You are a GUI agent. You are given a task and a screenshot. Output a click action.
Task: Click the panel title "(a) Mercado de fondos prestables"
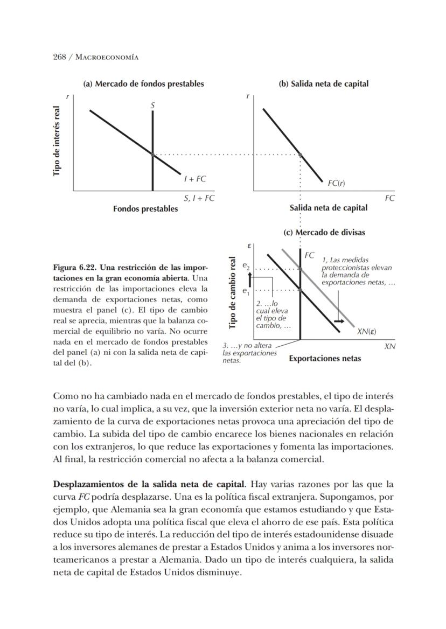pos(143,83)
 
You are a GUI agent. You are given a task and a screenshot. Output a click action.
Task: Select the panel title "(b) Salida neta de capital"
pos(323,83)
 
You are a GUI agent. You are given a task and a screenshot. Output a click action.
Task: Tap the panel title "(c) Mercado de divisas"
pos(324,232)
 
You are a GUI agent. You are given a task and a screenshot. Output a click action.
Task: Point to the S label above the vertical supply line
pos(152,106)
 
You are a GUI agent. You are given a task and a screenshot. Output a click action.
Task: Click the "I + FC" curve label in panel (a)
pos(194,178)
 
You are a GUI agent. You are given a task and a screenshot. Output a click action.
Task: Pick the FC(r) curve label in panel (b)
pos(336,183)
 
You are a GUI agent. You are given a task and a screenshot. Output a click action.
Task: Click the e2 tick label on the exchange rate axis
pos(246,266)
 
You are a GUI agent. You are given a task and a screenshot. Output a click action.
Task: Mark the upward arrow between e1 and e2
pos(250,278)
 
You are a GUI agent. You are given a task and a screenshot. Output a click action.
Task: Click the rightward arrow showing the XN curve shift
pos(339,321)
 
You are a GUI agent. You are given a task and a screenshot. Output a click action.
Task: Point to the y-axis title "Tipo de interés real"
pos(57,141)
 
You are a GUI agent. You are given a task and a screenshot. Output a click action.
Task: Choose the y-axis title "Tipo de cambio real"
pos(233,292)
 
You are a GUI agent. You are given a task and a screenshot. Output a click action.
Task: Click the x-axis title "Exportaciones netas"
pos(325,358)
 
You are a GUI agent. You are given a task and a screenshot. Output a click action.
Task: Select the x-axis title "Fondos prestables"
pos(145,208)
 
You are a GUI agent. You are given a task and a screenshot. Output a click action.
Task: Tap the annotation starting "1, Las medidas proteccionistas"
pos(357,271)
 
